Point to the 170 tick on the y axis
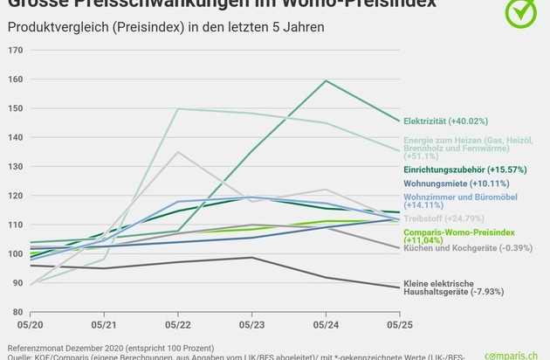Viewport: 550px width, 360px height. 17,50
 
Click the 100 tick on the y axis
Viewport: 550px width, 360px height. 17,253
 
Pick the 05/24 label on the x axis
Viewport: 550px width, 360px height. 326,325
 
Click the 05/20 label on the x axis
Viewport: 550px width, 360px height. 31,325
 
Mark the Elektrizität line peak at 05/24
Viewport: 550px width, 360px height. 326,80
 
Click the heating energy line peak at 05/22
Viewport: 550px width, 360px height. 179,108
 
